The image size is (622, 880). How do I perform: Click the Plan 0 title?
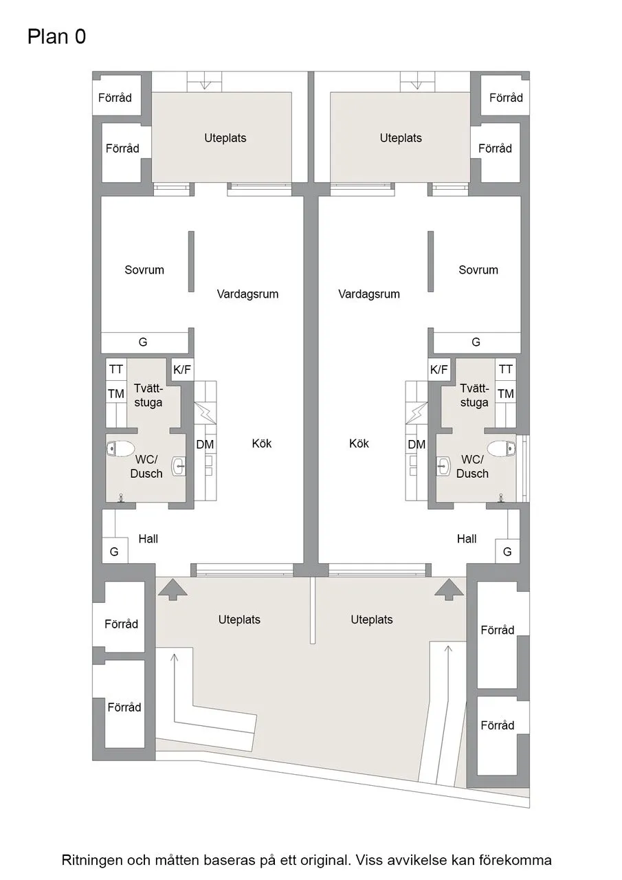pos(56,36)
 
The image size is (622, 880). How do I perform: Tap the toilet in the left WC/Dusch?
pos(120,448)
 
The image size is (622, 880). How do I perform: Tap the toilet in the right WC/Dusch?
pos(502,448)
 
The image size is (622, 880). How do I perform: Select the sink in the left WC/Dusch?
pos(179,467)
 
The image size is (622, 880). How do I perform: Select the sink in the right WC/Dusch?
pos(443,467)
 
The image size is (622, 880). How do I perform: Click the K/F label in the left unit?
pos(182,369)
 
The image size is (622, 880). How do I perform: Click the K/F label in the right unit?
pos(438,369)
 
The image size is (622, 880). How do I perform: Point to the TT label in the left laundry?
pos(116,369)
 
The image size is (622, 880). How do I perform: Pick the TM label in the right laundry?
pos(506,394)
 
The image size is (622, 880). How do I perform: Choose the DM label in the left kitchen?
pos(205,444)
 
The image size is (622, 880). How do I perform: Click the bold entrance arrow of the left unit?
pos(172,589)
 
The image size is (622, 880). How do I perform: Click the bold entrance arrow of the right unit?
pos(449,589)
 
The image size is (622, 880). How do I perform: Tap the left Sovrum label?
pos(144,270)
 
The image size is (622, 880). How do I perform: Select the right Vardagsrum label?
pos(369,294)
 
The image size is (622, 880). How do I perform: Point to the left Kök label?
pos(262,443)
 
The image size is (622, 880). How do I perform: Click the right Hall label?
pos(467,538)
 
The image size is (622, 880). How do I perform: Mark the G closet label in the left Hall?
pos(114,552)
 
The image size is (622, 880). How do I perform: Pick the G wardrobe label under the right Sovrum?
pos(476,342)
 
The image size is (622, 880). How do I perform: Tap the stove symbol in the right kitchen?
pos(416,413)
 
